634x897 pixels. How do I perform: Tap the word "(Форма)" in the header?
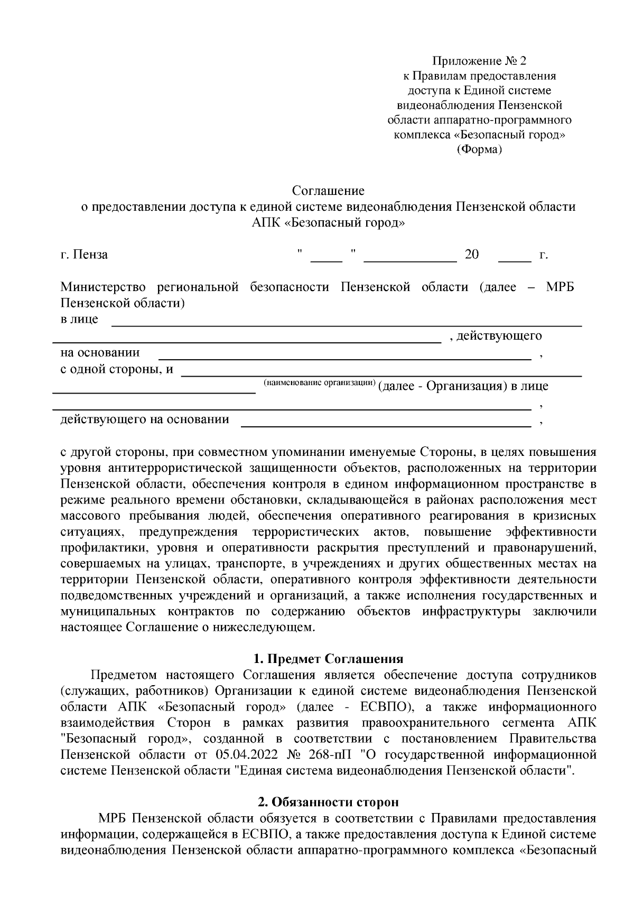[479, 149]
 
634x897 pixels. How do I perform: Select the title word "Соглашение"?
[328, 190]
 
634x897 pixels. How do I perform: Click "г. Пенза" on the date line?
[84, 255]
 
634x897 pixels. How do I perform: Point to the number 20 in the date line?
[471, 255]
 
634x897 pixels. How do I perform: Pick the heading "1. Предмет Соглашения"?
[328, 659]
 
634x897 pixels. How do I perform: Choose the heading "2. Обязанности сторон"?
[328, 802]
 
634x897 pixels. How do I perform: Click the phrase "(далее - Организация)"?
[440, 386]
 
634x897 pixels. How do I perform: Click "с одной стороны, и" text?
[117, 369]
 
